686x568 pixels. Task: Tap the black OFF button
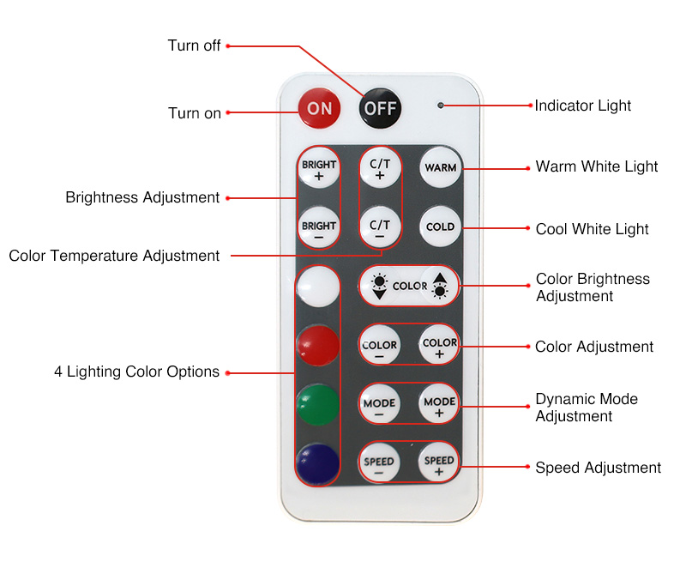(x=380, y=108)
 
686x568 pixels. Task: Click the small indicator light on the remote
(x=440, y=106)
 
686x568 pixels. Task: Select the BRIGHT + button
(x=318, y=169)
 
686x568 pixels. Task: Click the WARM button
(x=441, y=167)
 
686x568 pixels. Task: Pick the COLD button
(x=441, y=227)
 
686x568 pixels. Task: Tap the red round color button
(x=317, y=345)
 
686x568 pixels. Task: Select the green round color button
(x=317, y=404)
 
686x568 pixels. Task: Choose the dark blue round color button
(x=317, y=464)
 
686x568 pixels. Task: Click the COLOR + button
(x=440, y=346)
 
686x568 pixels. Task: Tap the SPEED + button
(x=439, y=464)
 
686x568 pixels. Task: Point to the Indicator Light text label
(x=583, y=106)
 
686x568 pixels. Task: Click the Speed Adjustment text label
(x=598, y=468)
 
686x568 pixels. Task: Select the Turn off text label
(x=195, y=45)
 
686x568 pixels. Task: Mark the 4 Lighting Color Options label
(x=136, y=372)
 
